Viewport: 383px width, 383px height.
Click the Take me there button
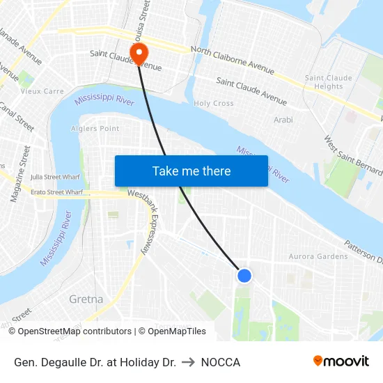pyautogui.click(x=191, y=171)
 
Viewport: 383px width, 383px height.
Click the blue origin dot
pyautogui.click(x=244, y=276)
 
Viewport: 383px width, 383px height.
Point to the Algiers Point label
pyautogui.click(x=96, y=128)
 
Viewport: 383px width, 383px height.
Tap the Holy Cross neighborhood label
pyautogui.click(x=213, y=103)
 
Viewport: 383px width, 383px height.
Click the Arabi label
pyautogui.click(x=283, y=120)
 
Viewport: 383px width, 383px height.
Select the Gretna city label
pyautogui.click(x=86, y=299)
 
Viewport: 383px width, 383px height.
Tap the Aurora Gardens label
pyautogui.click(x=318, y=256)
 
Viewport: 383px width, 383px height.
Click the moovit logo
pyautogui.click(x=341, y=361)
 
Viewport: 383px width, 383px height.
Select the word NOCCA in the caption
pyautogui.click(x=220, y=362)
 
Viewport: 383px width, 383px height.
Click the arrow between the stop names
pyautogui.click(x=188, y=362)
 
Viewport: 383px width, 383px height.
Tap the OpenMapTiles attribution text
pyautogui.click(x=172, y=331)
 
